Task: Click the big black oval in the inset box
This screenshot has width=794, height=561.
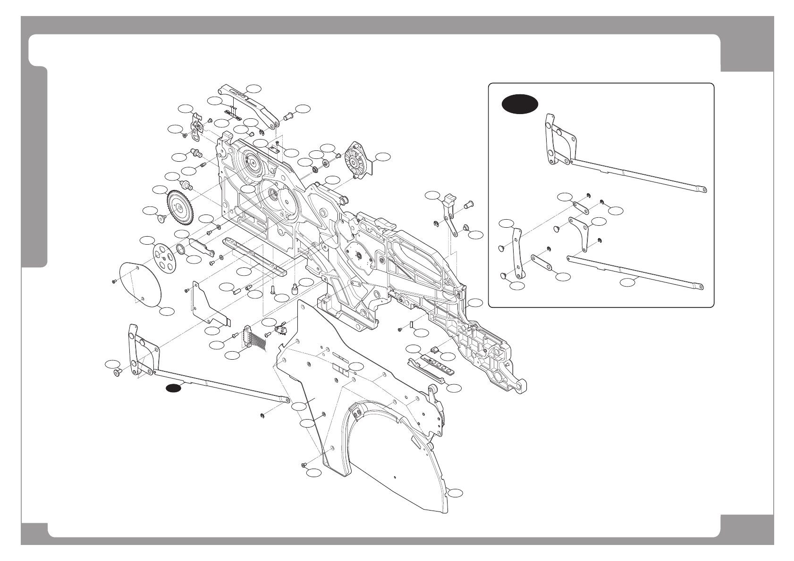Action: pos(519,104)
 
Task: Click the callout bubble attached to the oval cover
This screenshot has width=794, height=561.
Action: pos(167,311)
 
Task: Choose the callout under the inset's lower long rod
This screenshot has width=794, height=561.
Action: pos(628,282)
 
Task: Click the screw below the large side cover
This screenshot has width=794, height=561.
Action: pos(304,465)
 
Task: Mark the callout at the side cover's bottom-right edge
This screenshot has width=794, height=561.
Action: pos(455,493)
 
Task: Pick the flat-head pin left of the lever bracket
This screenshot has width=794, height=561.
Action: pos(117,372)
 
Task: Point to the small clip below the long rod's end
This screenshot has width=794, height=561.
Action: pos(262,415)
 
